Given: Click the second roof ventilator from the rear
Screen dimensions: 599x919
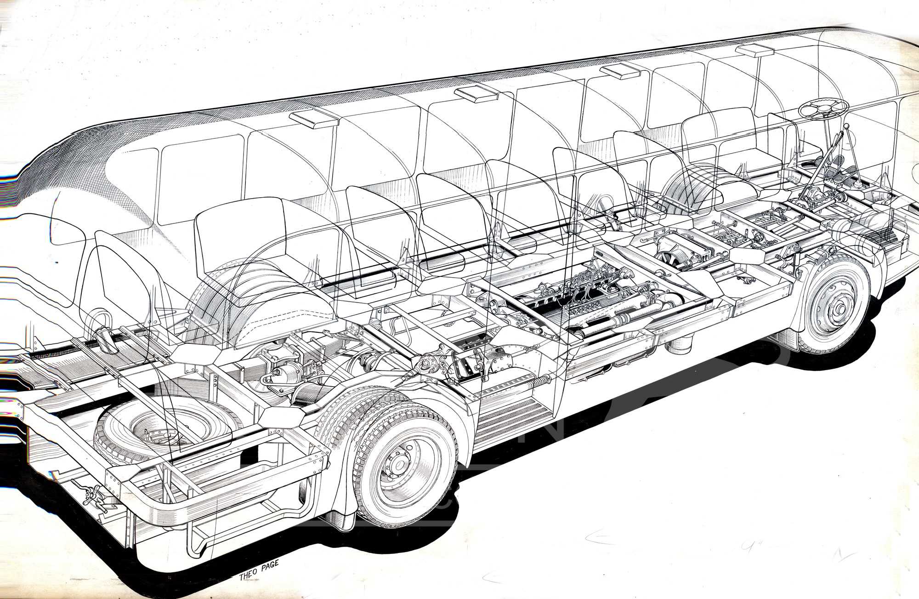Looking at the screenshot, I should [x=476, y=94].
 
